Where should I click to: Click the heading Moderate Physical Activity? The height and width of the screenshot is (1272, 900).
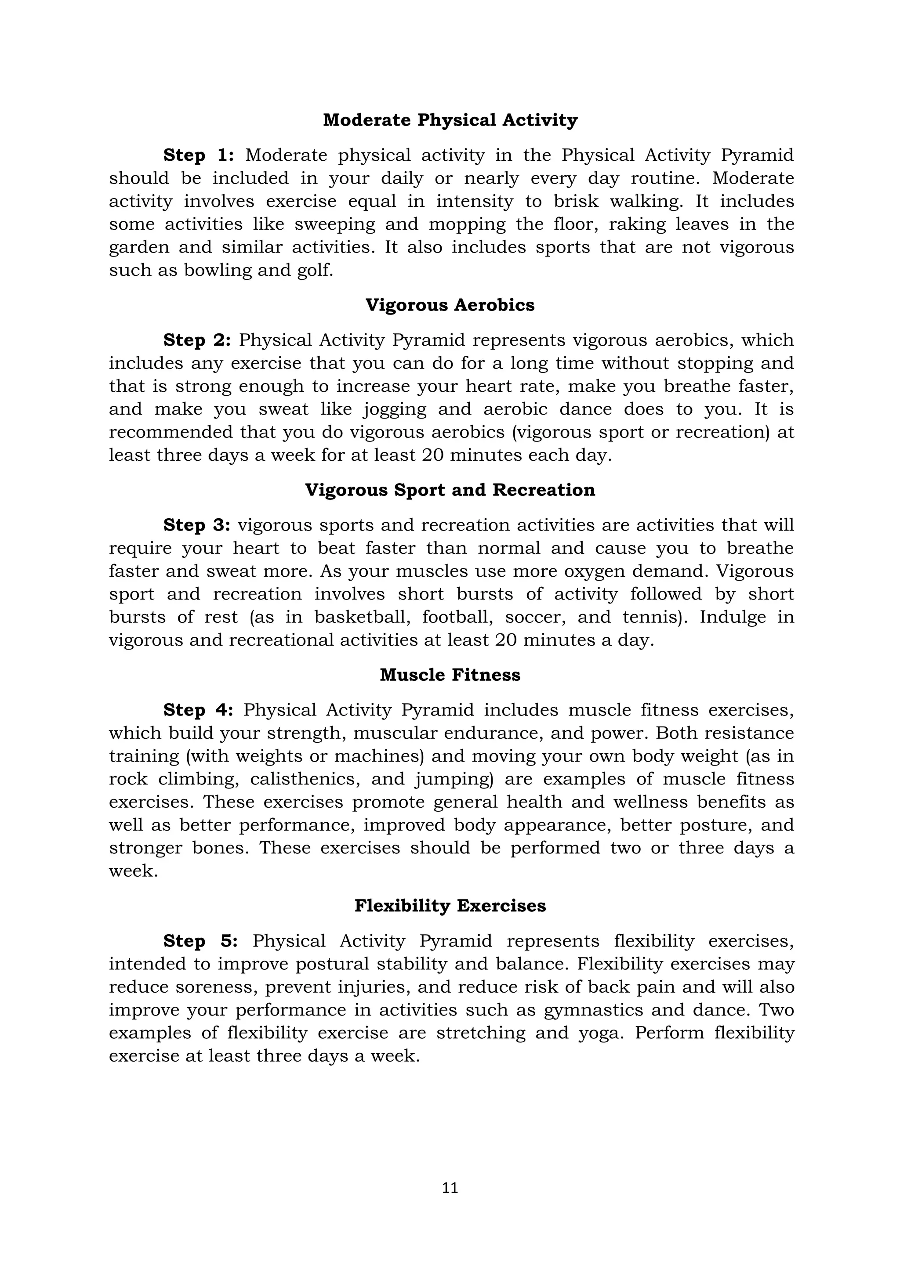(x=450, y=120)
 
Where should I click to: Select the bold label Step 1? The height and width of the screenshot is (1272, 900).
(x=198, y=155)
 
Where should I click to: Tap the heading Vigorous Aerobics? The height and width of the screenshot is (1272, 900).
(x=450, y=305)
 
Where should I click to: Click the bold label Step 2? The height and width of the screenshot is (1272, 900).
(x=197, y=340)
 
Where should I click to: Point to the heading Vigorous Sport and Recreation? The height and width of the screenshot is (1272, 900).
(x=450, y=490)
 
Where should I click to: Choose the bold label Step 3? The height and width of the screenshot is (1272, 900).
(x=197, y=525)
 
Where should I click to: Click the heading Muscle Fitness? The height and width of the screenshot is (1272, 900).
(x=450, y=676)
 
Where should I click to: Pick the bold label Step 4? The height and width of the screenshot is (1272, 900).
(x=198, y=710)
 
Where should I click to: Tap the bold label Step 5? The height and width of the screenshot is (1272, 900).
(x=201, y=941)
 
